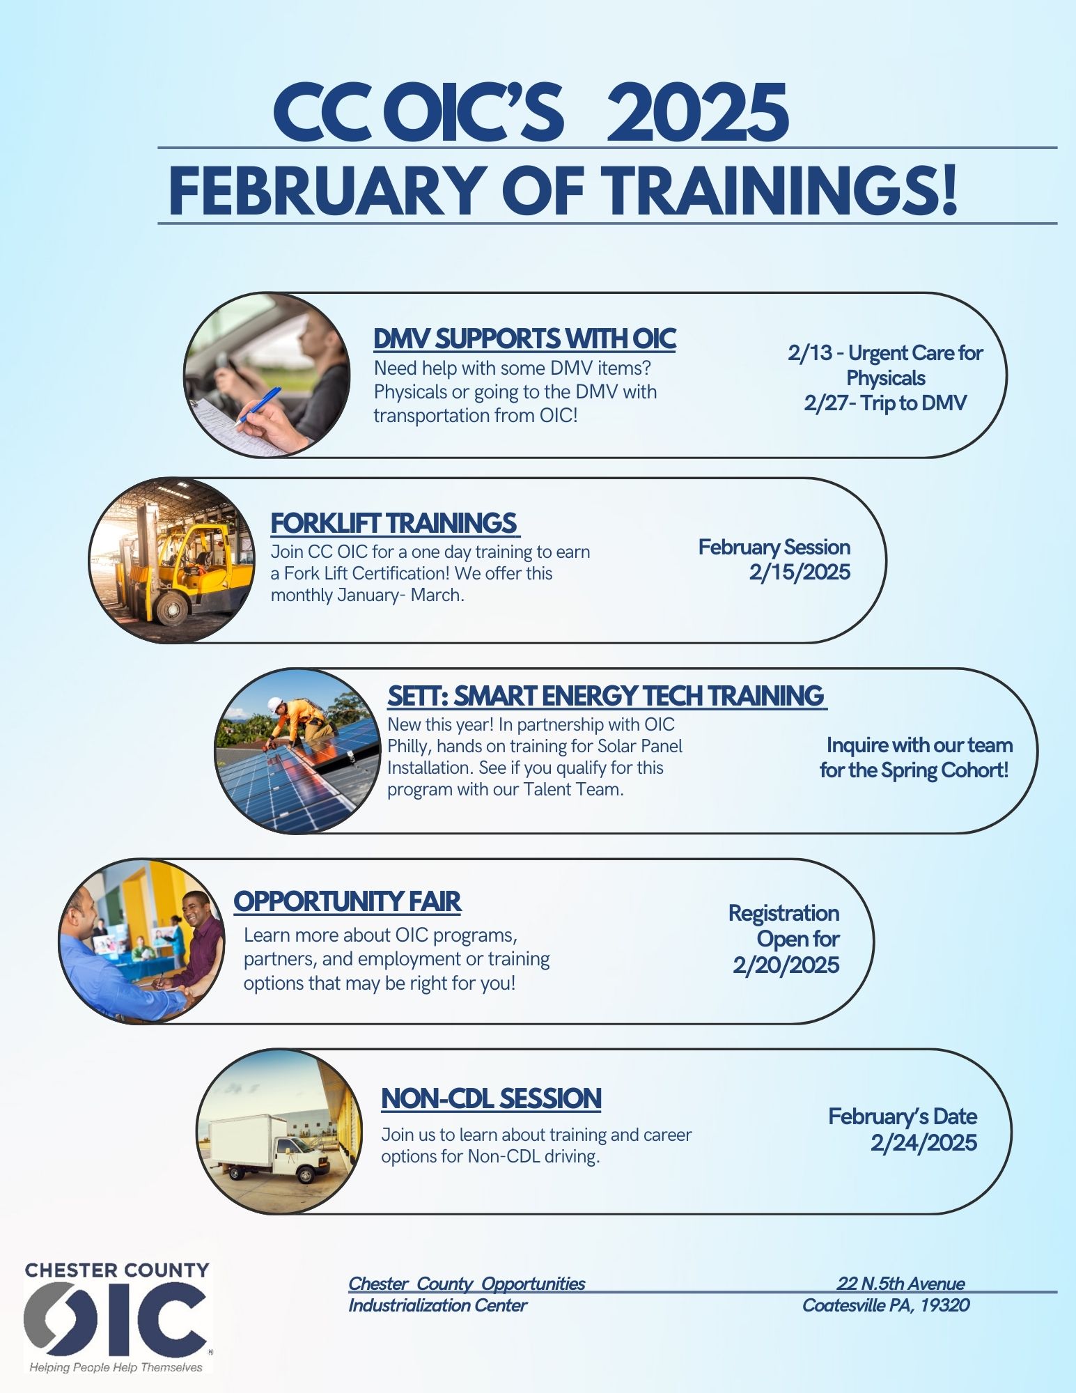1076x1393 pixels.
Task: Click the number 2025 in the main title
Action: (698, 113)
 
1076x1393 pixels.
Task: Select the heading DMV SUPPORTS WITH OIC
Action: (524, 338)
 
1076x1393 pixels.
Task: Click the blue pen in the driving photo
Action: (258, 405)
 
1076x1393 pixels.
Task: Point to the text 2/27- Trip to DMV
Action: (885, 403)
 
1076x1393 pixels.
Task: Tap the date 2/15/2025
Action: (800, 573)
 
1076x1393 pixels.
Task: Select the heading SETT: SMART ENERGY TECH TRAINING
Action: (606, 696)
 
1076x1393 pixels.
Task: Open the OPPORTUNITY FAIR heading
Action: (347, 901)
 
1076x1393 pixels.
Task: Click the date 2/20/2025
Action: (786, 965)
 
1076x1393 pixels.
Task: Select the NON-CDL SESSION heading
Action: (491, 1098)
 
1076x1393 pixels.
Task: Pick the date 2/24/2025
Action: (923, 1143)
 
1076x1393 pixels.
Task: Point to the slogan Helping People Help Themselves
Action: (116, 1367)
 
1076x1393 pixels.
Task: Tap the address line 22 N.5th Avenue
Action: (900, 1284)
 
